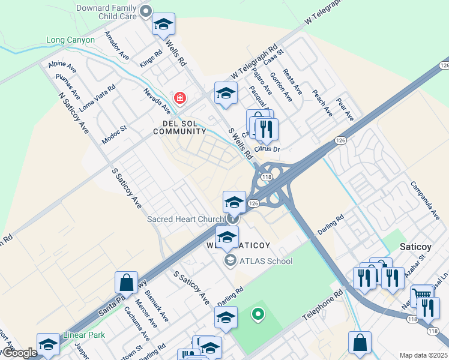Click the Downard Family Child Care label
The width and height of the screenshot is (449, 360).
[106, 13]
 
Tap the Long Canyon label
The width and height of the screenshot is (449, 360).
[70, 40]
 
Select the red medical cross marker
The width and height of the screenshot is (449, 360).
[179, 97]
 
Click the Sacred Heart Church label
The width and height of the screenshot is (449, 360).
[185, 219]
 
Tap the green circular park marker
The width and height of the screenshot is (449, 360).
[258, 313]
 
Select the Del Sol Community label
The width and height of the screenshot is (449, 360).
[180, 127]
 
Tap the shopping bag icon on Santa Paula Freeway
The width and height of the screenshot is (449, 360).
[127, 282]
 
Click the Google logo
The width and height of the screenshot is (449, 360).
[19, 353]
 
